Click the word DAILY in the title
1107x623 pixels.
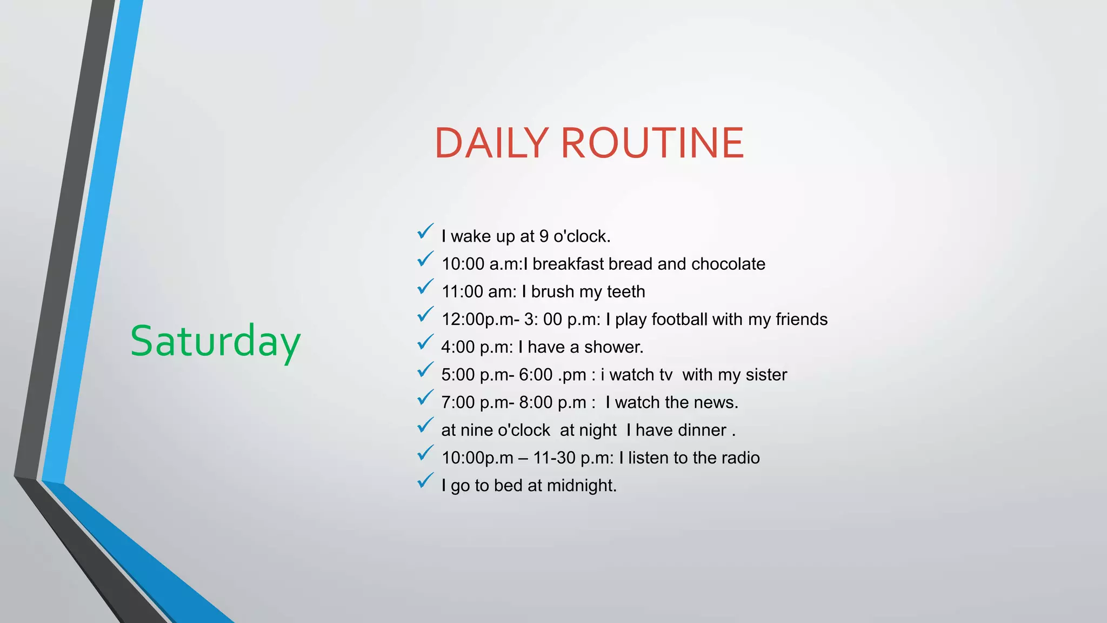point(491,143)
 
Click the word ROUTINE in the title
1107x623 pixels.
point(652,143)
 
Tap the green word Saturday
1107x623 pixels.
point(215,342)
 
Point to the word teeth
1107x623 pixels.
point(626,292)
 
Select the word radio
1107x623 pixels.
point(740,458)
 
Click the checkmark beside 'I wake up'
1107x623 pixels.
point(425,231)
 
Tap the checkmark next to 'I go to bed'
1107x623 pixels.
point(425,481)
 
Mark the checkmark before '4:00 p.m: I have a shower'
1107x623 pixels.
point(425,342)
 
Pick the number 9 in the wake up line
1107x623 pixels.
point(544,236)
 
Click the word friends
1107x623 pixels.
point(801,320)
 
